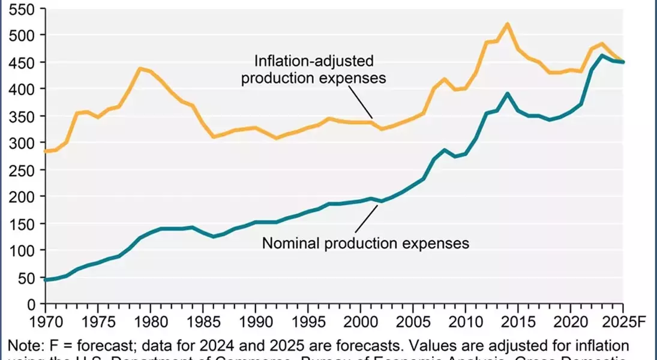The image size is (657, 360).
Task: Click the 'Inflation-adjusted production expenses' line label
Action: tap(314, 70)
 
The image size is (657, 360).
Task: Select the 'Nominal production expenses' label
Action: tap(365, 243)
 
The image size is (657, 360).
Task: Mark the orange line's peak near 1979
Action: tap(139, 68)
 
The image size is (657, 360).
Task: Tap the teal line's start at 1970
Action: tap(45, 280)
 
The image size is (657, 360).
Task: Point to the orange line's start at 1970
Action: tap(45, 151)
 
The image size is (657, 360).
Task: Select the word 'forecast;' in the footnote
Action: tap(112, 346)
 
